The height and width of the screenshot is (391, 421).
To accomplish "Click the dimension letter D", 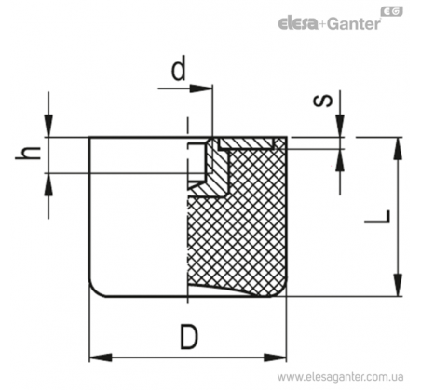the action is pyautogui.click(x=189, y=337).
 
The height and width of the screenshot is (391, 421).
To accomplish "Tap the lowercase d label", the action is pyautogui.click(x=179, y=68).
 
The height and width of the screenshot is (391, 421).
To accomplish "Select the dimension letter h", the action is pyautogui.click(x=28, y=153).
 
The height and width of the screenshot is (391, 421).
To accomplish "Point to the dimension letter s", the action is pyautogui.click(x=323, y=101).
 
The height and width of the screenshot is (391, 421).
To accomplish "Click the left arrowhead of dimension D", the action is pyautogui.click(x=101, y=357).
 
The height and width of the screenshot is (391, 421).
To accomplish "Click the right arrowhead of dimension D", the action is pyautogui.click(x=276, y=357).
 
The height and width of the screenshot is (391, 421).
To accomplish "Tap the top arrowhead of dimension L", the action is pyautogui.click(x=398, y=148).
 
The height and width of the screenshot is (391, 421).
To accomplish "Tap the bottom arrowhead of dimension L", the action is pyautogui.click(x=398, y=285).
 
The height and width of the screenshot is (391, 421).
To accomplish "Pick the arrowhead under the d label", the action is pyautogui.click(x=201, y=88).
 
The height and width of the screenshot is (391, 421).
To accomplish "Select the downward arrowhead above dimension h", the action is pyautogui.click(x=48, y=126).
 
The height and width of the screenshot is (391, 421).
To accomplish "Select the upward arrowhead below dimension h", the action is pyautogui.click(x=48, y=184).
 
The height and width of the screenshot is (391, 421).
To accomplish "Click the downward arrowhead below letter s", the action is pyautogui.click(x=340, y=126).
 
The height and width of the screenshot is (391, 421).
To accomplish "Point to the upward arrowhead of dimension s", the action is pyautogui.click(x=340, y=160).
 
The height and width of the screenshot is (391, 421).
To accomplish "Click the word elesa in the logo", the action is pyautogui.click(x=298, y=24).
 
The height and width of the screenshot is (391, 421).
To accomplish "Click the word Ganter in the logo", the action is pyautogui.click(x=354, y=24).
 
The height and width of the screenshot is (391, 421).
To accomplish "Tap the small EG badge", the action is pyautogui.click(x=391, y=12).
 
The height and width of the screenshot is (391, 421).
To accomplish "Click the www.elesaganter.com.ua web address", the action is pyautogui.click(x=340, y=377).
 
